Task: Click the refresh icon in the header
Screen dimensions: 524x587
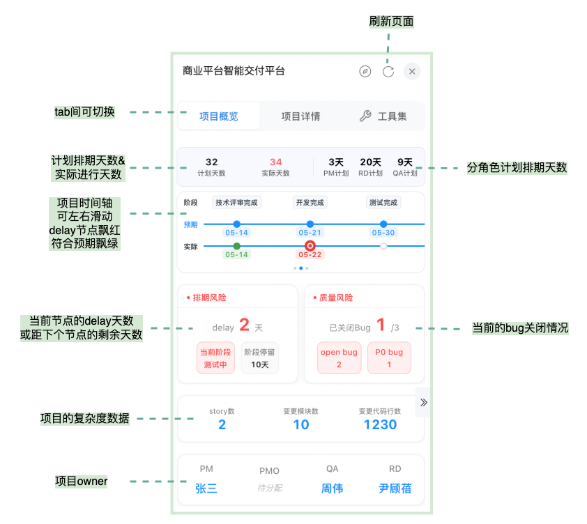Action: [x=388, y=71]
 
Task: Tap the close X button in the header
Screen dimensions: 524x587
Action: [x=412, y=71]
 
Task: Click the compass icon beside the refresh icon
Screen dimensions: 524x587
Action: [x=365, y=71]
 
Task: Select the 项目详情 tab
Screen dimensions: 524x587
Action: [x=300, y=116]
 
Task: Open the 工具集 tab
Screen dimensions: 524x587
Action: [x=383, y=116]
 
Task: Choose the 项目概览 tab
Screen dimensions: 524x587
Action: [x=219, y=116]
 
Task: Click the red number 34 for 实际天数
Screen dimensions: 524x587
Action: [x=275, y=162]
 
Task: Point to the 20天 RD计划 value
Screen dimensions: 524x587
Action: [x=370, y=162]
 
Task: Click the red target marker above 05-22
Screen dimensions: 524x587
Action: [x=310, y=246]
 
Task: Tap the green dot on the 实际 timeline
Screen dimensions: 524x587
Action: [x=236, y=246]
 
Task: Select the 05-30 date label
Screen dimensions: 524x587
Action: [x=383, y=233]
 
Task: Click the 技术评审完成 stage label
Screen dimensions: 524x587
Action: [x=236, y=203]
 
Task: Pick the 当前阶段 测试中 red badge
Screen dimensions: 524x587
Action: [x=215, y=358]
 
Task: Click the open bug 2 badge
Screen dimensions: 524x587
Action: [x=339, y=358]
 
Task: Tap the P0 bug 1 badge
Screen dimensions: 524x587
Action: [x=389, y=358]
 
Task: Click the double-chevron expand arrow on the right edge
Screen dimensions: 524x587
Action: [x=423, y=402]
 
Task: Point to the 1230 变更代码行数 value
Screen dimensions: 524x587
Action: [x=380, y=424]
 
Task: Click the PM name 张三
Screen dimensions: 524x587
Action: [x=206, y=488]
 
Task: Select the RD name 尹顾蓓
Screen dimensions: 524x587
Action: [x=395, y=488]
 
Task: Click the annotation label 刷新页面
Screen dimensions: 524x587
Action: [x=391, y=22]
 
